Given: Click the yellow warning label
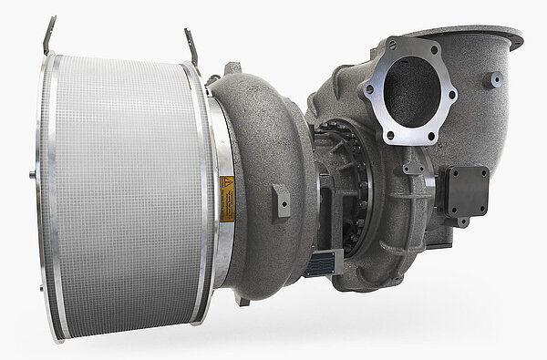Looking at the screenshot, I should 226,199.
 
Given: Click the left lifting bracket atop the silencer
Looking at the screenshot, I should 47,35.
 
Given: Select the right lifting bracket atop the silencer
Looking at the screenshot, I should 191,46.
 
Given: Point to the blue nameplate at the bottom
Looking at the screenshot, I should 320,265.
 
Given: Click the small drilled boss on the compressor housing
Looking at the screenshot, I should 281,200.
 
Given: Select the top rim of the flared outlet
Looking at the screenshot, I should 474,35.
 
